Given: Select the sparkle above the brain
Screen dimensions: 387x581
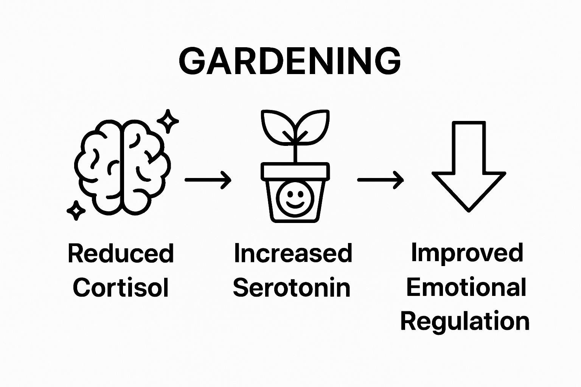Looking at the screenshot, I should click(168, 121).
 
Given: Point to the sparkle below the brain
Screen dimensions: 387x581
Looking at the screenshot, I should click(76, 210).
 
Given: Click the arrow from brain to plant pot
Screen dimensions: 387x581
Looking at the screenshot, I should click(208, 180).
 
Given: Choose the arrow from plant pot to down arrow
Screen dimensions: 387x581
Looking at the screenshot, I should click(380, 180).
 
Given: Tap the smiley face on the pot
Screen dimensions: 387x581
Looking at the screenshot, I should click(295, 198).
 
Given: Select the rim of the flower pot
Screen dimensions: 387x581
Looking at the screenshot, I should click(295, 171).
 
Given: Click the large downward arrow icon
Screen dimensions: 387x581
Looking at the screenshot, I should click(469, 166).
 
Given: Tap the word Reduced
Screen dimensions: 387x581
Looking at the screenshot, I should click(121, 254).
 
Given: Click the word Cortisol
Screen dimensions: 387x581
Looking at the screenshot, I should click(121, 288).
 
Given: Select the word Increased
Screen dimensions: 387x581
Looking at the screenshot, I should click(293, 253).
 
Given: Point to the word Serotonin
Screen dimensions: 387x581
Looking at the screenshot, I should click(292, 288).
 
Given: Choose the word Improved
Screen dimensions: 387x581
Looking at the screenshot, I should click(467, 253).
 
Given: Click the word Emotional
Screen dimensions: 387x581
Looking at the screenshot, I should click(466, 287).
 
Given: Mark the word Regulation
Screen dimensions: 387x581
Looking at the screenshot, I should click(465, 322).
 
